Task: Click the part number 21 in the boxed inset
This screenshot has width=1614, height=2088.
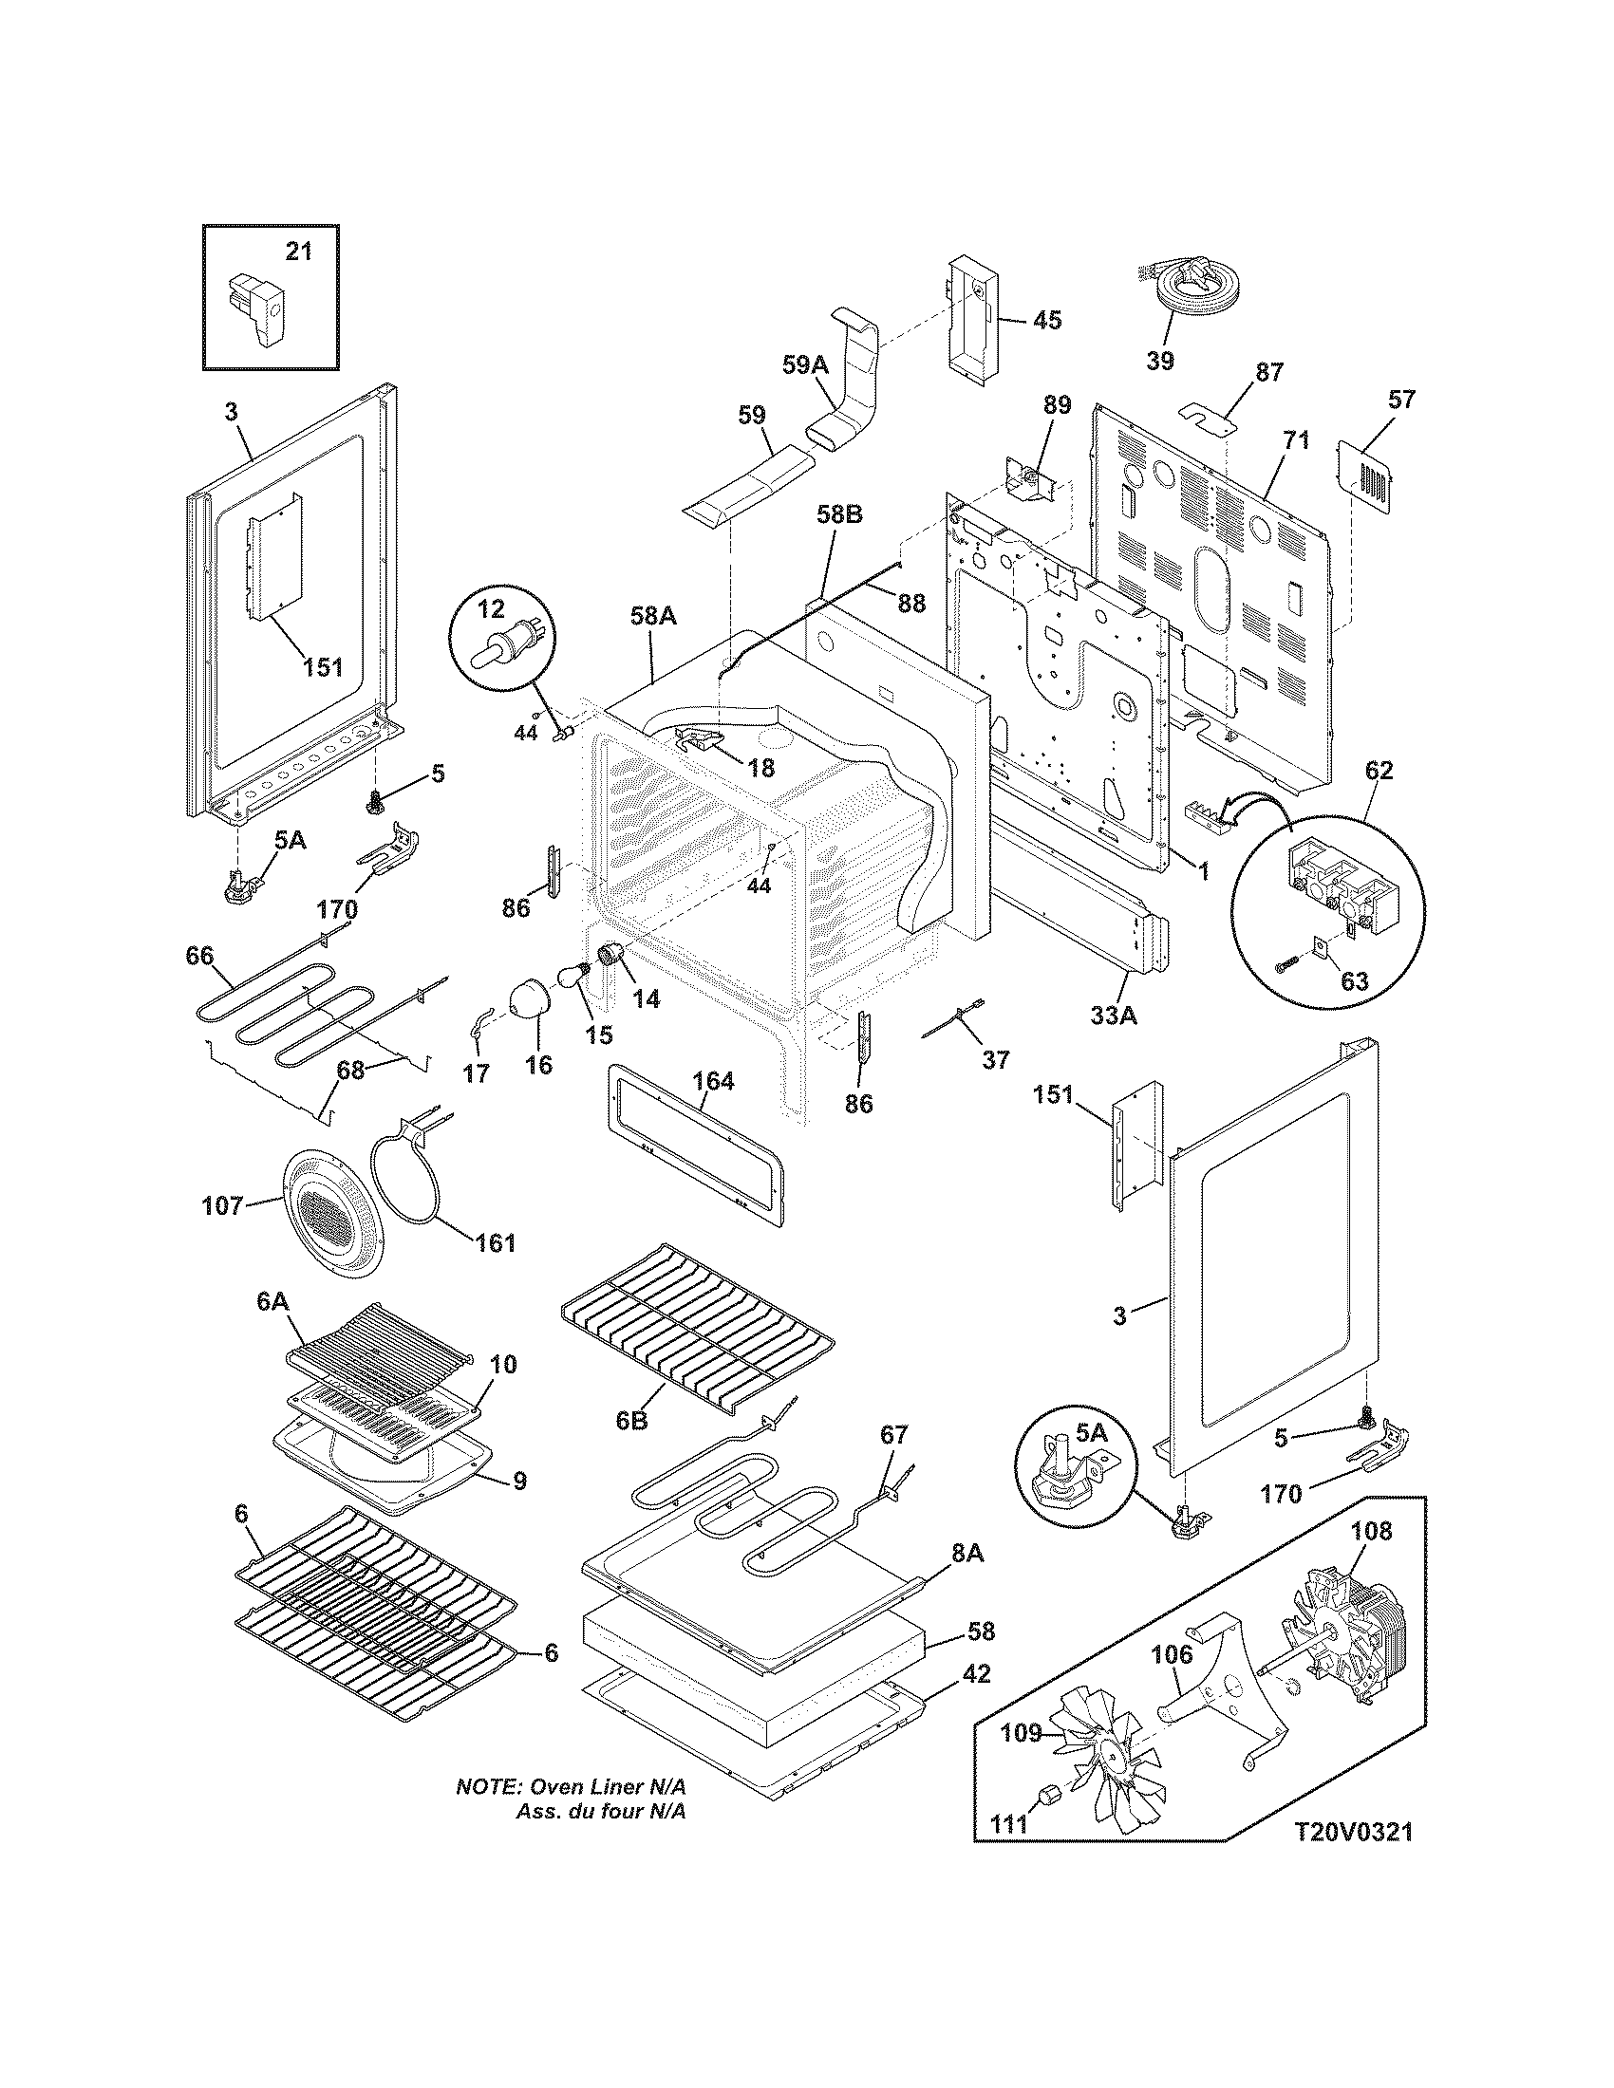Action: pyautogui.click(x=299, y=252)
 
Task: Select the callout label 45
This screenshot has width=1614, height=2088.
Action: pyautogui.click(x=1047, y=320)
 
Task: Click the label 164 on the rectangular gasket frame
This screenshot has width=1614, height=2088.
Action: pyautogui.click(x=713, y=1081)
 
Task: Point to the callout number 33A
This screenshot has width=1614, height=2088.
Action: pyautogui.click(x=1114, y=1017)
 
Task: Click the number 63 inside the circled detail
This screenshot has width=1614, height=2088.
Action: pyautogui.click(x=1354, y=980)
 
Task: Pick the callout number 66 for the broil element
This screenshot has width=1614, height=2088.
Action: pyautogui.click(x=200, y=955)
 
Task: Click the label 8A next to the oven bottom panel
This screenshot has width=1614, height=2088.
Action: pyautogui.click(x=967, y=1554)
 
